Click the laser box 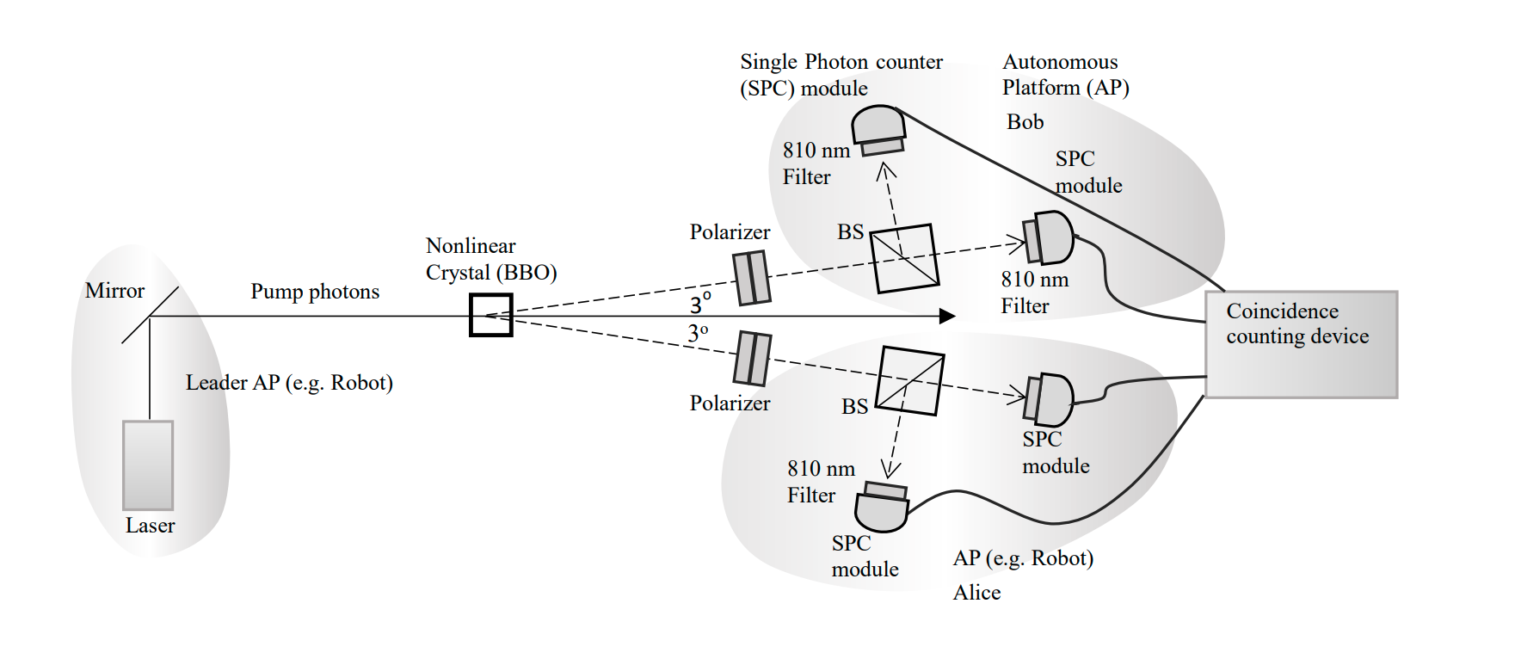pos(148,465)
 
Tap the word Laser pos(150,526)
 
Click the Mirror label pos(114,291)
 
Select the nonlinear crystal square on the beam pos(490,315)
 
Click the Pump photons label pos(315,292)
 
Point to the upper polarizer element pos(752,278)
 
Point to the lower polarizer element pos(753,359)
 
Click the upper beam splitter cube pos(904,258)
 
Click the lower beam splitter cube pos(909,381)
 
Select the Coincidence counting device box pos(1301,344)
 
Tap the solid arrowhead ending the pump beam pos(947,317)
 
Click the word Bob pos(1025,122)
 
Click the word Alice pos(976,593)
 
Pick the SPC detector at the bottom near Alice pos(882,509)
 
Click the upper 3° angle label pos(700,303)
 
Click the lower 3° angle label pos(698,334)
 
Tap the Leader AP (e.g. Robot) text pos(289,383)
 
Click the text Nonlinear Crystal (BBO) pos(490,260)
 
